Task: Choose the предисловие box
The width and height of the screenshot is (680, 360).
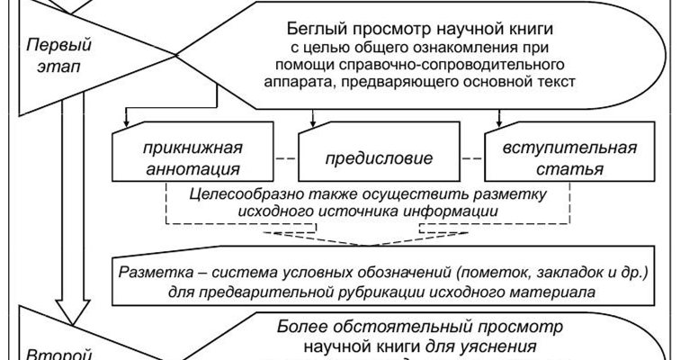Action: pos(379,159)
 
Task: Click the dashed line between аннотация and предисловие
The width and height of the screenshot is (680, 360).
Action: pos(283,158)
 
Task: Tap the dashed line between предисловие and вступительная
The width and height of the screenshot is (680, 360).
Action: pos(473,158)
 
